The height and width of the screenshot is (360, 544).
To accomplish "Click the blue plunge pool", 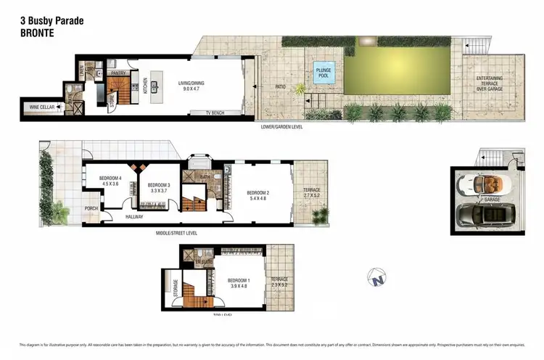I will click(322, 73).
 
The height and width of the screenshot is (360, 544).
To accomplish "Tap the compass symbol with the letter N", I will click(376, 276).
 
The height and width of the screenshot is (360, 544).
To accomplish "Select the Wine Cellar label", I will click(36, 108).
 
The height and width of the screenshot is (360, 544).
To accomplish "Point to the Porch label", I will click(91, 208).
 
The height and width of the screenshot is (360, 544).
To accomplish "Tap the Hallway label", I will click(133, 216).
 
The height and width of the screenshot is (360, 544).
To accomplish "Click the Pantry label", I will click(119, 73).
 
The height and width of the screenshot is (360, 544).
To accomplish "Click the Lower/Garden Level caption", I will click(282, 126).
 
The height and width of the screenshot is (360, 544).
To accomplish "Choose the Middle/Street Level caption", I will click(176, 233).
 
